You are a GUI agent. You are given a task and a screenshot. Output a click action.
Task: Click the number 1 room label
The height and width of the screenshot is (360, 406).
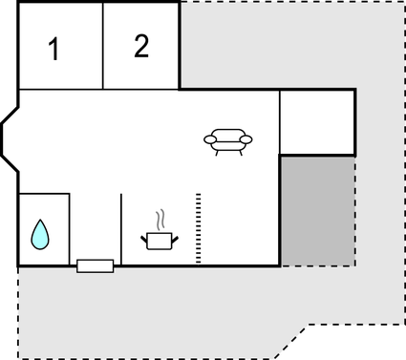tap(54, 50)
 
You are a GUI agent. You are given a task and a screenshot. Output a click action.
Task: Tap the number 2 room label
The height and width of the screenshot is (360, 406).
tap(141, 46)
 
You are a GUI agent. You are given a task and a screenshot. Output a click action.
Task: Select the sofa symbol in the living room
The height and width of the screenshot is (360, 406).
tap(228, 140)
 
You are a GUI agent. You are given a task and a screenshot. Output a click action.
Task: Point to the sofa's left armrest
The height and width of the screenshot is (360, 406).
tap(210, 140)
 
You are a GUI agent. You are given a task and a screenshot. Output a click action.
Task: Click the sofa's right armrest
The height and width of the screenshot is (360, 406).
tap(246, 140)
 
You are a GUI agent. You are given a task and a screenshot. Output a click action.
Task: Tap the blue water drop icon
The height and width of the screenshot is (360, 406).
tap(39, 233)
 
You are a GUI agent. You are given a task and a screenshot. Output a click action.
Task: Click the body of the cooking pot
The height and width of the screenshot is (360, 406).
tap(160, 240)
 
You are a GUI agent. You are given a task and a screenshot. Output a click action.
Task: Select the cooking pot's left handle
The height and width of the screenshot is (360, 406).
tap(145, 235)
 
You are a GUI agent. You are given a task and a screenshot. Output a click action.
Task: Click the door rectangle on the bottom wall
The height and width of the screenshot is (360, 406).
tap(96, 265)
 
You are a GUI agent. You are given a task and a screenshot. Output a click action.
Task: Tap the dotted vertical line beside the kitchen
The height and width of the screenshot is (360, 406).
tap(198, 227)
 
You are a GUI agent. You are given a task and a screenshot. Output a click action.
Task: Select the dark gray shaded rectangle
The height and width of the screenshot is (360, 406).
tap(317, 211)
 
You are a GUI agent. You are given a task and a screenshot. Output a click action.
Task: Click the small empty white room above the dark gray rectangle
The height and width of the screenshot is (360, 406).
tap(317, 122)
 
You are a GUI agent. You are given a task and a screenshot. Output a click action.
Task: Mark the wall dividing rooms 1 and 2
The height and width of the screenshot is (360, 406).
tap(103, 46)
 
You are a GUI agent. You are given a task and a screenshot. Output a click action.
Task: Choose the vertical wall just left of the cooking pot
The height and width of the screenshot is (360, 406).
tap(121, 229)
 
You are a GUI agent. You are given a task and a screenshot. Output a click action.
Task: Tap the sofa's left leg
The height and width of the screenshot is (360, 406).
tap(218, 152)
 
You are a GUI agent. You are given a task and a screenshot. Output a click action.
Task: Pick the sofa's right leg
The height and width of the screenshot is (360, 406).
tap(239, 152)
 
